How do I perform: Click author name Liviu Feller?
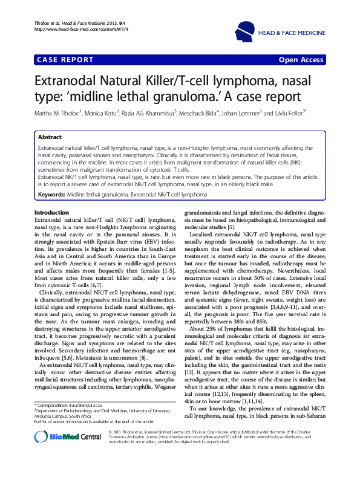[308, 112]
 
